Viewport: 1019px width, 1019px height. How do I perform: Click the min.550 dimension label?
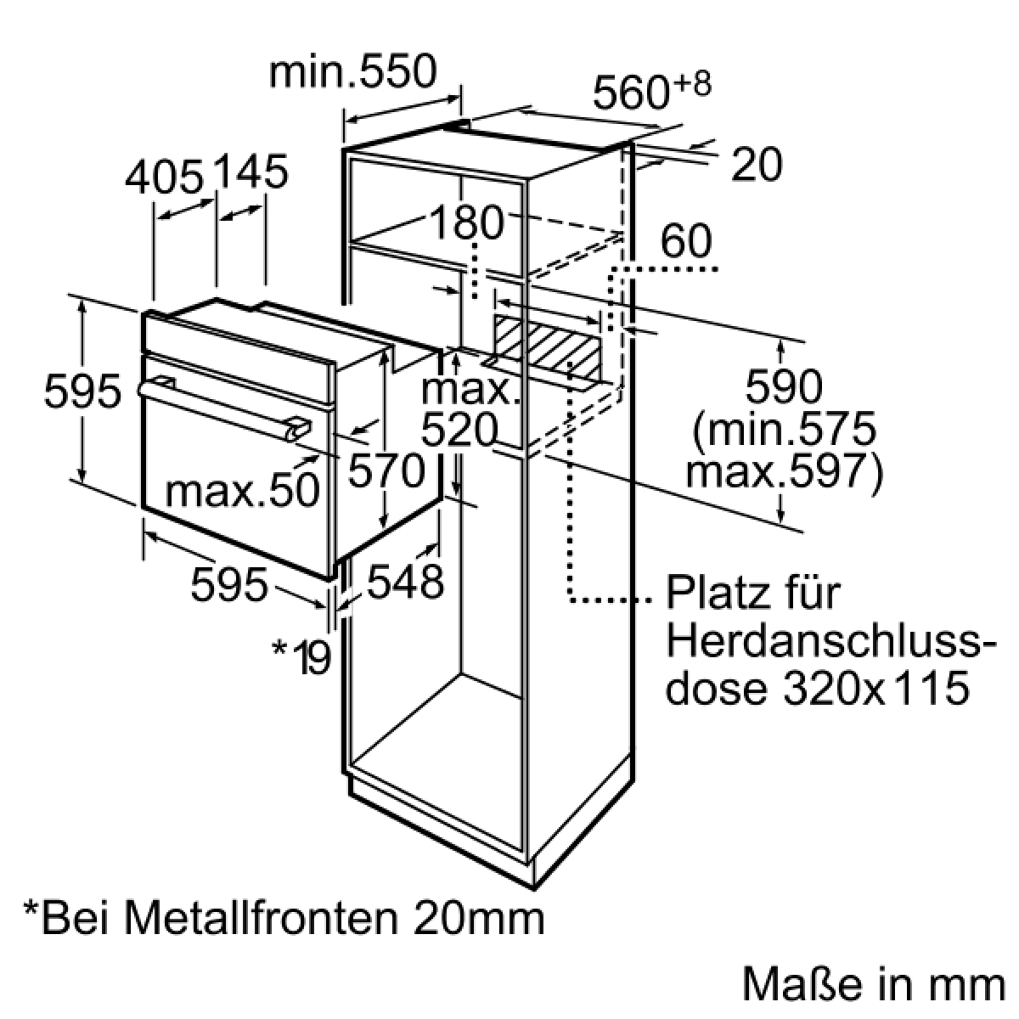(352, 71)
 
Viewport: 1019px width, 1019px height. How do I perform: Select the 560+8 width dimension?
(652, 92)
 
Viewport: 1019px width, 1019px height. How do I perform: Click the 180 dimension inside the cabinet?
(467, 222)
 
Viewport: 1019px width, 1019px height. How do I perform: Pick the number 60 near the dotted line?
(686, 240)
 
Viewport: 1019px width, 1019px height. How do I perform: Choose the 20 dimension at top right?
(757, 165)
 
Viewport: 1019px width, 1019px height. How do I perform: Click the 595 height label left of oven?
(82, 391)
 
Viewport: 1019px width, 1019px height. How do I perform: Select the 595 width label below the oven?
(229, 583)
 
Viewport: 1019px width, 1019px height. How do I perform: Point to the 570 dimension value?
(386, 471)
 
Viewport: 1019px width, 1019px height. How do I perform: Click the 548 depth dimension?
(406, 582)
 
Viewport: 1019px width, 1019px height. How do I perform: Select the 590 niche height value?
(784, 387)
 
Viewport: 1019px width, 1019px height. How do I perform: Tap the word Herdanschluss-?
(831, 641)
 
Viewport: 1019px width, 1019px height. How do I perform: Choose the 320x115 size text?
(876, 688)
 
